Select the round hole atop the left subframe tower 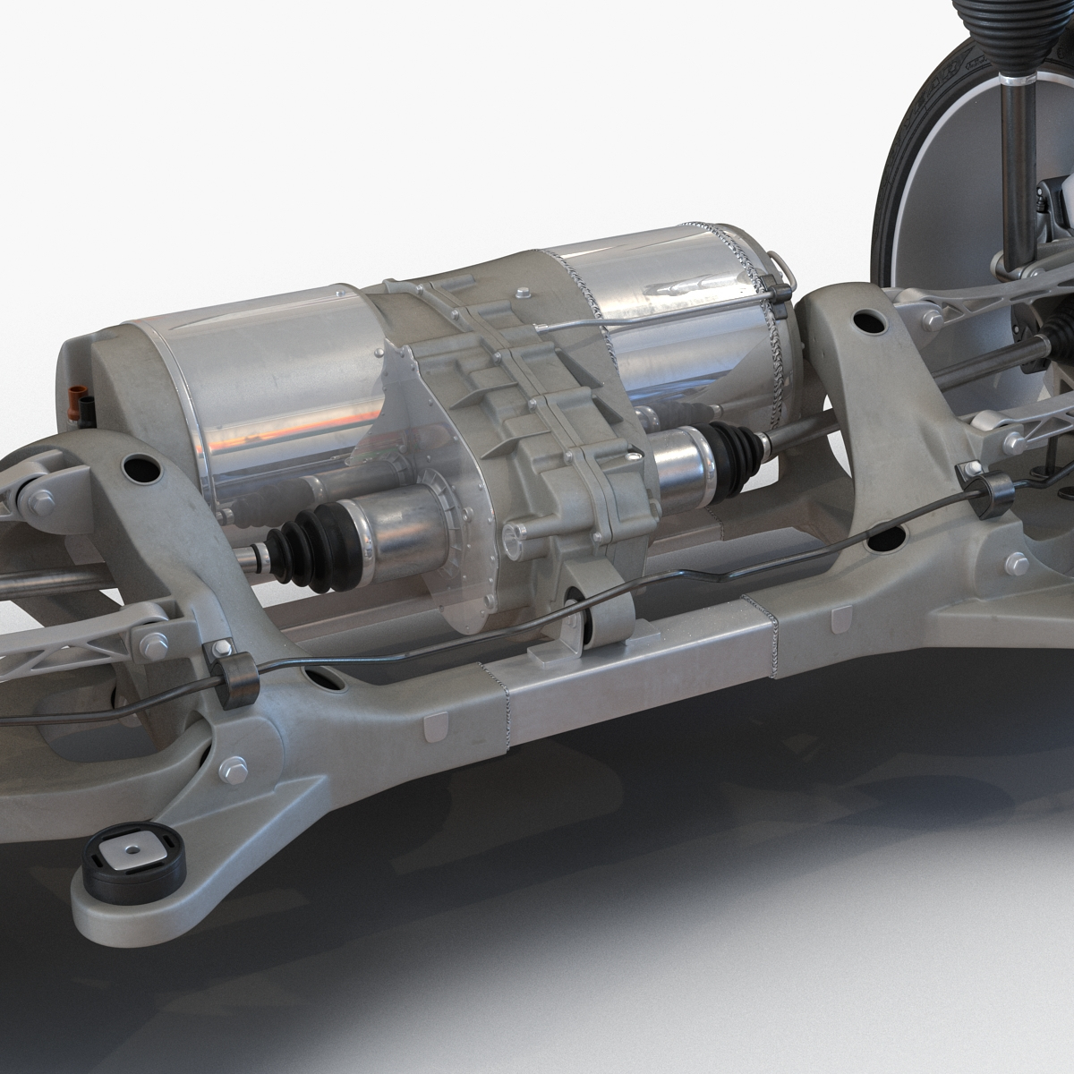pyautogui.click(x=138, y=467)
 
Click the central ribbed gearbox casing pyautogui.click(x=519, y=430)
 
